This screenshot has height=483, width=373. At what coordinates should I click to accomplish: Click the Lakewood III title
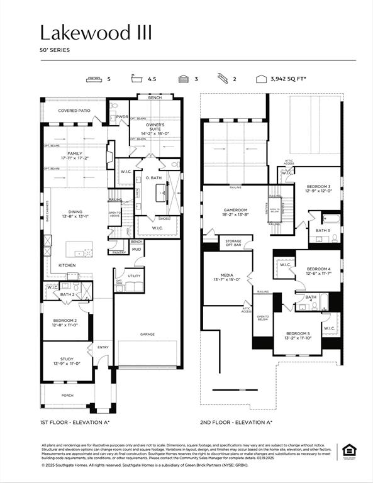tap(96, 33)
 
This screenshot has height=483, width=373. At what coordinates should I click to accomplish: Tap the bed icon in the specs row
tap(94, 79)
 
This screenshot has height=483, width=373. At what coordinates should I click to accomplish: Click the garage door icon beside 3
tap(184, 79)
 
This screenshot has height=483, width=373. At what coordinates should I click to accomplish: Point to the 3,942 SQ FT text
tap(288, 79)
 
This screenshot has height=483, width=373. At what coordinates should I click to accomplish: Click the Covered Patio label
tap(74, 111)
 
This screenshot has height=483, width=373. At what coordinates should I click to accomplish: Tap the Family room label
tap(75, 155)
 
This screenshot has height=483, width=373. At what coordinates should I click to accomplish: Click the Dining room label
tap(75, 214)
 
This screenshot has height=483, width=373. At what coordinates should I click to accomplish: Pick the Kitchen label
tap(67, 265)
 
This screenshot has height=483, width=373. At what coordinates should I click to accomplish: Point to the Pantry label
tap(118, 252)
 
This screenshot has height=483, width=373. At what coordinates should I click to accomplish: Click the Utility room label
tap(134, 275)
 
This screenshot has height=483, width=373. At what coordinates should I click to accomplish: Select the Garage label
tap(147, 334)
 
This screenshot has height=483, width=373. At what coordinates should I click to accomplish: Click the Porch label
tap(67, 395)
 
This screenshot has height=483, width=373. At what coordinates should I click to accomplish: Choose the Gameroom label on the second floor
tap(237, 212)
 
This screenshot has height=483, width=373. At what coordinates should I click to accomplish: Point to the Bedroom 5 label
tap(299, 335)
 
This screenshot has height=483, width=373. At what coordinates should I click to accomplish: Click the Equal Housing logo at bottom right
tap(348, 450)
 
